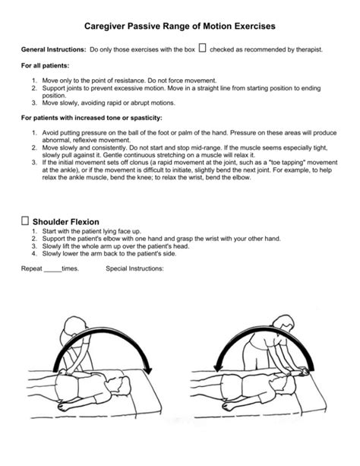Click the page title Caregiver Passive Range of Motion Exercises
[x=179, y=26]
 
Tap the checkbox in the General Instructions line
[x=202, y=49]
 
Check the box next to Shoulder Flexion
[x=25, y=220]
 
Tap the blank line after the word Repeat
[x=52, y=269]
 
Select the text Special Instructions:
[x=134, y=269]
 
